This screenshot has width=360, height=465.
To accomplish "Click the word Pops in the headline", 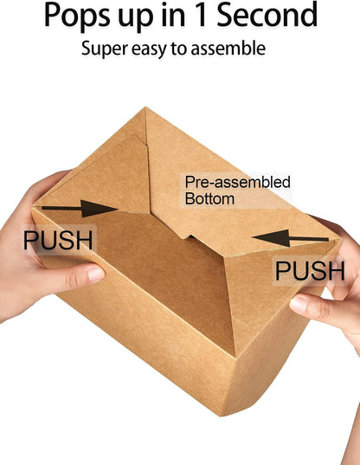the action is pos(77,16).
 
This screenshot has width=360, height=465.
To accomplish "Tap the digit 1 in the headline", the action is pos(202,14).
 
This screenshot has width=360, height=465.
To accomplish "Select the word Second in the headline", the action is pos(267,14).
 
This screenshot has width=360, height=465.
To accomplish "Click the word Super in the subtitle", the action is pos(105,49).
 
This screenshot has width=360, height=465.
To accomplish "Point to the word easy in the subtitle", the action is pos(149,49).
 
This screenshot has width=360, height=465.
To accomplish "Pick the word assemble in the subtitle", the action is pos(228,48).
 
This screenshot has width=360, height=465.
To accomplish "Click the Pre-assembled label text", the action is pos(237,182).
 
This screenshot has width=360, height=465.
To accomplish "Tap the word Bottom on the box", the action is pos(209,198).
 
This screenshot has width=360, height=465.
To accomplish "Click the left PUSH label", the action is pos(58,240).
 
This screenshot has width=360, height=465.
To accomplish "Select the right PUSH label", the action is pos(310,270).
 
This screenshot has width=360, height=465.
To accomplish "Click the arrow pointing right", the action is pos(80,209).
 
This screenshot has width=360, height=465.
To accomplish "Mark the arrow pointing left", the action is pos(291,238).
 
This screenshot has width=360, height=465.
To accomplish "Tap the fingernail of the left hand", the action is pos(96,274).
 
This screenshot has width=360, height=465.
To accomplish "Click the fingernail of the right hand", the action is pos(298,304).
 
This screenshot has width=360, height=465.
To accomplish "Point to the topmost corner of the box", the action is pos(145,107).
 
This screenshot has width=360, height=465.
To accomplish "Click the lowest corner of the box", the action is pos(221,416).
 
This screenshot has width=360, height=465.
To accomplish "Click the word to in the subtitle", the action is pos(178,48).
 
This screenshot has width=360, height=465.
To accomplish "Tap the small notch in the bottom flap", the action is pos(189,236).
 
